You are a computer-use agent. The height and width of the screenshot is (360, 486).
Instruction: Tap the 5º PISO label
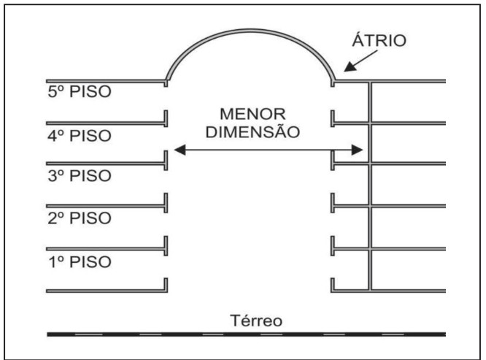pyautogui.click(x=78, y=94)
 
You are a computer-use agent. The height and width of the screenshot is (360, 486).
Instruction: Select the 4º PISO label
pyautogui.click(x=78, y=136)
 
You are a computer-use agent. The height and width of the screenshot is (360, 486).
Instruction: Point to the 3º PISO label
pyautogui.click(x=78, y=177)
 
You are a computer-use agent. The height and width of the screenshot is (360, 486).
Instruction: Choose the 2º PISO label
pyautogui.click(x=78, y=218)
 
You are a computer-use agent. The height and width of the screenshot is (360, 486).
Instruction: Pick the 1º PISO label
pyautogui.click(x=78, y=261)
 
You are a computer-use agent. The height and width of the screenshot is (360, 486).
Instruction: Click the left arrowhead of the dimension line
pyautogui.click(x=180, y=150)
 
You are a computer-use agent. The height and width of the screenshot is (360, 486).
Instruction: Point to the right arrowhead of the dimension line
pyautogui.click(x=358, y=150)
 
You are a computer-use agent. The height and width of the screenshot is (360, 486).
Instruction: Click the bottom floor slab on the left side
pyautogui.click(x=106, y=291)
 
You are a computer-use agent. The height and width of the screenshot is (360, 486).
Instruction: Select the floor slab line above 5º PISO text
pyautogui.click(x=106, y=81)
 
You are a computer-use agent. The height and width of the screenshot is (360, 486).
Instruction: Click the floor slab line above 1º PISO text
pyautogui.click(x=106, y=247)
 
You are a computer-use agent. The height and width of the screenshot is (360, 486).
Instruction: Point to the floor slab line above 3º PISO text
pyautogui.click(x=106, y=164)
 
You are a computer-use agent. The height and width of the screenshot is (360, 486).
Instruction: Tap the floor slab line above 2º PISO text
pyautogui.click(x=106, y=205)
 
